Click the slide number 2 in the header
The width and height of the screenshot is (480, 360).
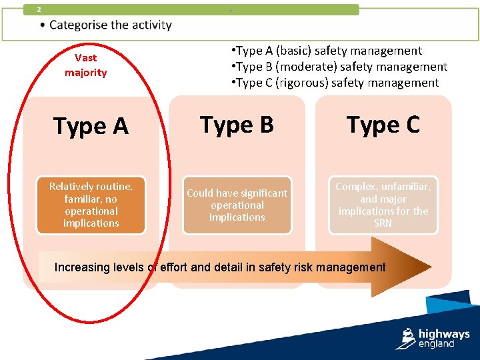click(x=39, y=9)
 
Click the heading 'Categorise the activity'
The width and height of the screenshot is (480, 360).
click(x=110, y=25)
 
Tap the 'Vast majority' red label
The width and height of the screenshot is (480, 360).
click(x=85, y=65)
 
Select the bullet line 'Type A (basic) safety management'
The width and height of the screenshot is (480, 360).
click(x=326, y=51)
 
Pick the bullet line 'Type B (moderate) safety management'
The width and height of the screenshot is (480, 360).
click(x=339, y=67)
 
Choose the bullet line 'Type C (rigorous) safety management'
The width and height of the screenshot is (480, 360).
click(x=335, y=83)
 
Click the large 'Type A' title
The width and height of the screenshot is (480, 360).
click(x=91, y=126)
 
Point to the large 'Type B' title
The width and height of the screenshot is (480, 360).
click(x=237, y=125)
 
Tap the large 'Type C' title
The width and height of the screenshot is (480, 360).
click(x=383, y=125)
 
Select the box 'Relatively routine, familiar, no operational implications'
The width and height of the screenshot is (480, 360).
click(x=91, y=205)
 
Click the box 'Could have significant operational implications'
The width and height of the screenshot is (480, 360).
click(x=237, y=205)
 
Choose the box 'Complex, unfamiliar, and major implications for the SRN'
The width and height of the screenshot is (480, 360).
click(x=383, y=205)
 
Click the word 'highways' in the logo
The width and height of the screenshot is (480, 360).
click(x=444, y=334)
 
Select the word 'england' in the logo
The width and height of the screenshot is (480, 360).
click(x=436, y=344)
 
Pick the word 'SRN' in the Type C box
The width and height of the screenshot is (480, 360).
click(x=383, y=223)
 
